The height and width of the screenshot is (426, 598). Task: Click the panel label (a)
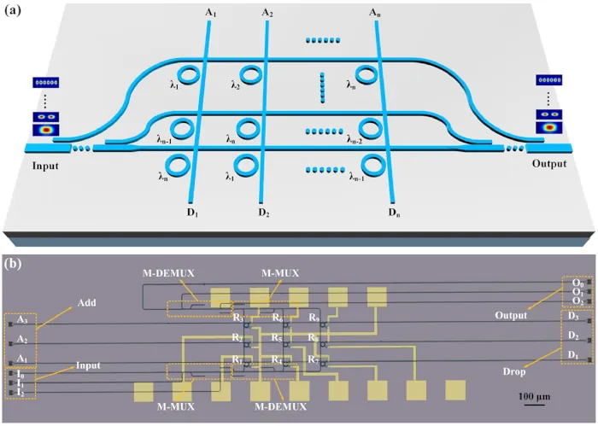[12, 10]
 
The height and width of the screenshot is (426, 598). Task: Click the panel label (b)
[13, 264]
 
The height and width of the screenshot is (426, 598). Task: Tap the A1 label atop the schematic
[210, 13]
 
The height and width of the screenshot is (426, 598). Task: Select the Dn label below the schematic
[395, 213]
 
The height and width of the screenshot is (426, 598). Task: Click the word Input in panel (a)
[45, 166]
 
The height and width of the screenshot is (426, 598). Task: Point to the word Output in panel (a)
[549, 163]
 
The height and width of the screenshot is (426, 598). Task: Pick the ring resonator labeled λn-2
[370, 129]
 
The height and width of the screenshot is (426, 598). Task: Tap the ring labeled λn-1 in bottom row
[373, 166]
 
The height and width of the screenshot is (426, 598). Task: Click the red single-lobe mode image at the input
[46, 130]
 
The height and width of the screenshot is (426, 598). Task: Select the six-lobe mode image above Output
[548, 80]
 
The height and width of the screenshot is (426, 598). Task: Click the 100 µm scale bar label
[534, 396]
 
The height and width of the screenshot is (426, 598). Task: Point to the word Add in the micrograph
[86, 303]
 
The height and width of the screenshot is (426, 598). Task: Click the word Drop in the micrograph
[514, 371]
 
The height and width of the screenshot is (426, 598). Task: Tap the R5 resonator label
[277, 337]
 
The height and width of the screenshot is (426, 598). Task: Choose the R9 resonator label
[314, 318]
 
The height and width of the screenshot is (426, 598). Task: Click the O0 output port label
[577, 283]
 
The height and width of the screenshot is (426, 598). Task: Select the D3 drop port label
[573, 316]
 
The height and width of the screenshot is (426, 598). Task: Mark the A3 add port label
[22, 319]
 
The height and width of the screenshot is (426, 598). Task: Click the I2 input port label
[21, 392]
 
